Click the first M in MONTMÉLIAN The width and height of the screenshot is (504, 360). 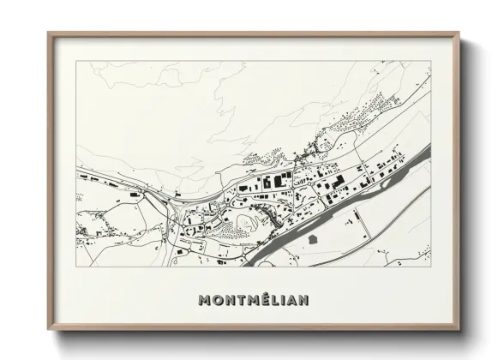(204, 301)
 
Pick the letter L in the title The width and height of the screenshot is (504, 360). (271, 301)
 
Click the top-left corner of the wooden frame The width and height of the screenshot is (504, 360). (49, 34)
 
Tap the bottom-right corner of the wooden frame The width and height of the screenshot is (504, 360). (461, 329)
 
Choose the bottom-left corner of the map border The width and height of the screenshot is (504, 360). (76, 266)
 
